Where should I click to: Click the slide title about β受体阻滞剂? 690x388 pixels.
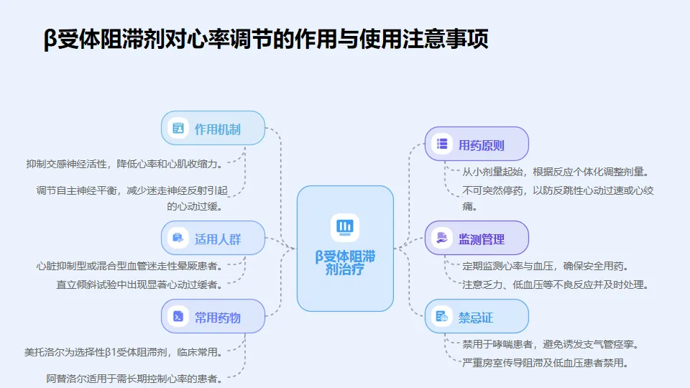266,39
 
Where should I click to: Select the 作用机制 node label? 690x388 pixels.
217,129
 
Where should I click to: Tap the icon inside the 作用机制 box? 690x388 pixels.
178,129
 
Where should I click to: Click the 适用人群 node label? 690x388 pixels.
217,239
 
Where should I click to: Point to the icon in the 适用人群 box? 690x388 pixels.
178,239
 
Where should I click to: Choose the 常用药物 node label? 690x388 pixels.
217,318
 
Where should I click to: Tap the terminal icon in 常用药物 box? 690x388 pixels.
178,317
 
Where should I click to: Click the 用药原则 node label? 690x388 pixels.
482,145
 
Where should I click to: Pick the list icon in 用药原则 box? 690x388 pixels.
442,144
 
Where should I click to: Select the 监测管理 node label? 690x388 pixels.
482,239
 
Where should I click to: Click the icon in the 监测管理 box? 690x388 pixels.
442,239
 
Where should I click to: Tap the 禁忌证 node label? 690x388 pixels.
476,318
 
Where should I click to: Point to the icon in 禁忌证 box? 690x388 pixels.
442,317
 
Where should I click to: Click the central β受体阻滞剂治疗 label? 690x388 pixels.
345,263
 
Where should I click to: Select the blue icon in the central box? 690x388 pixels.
345,227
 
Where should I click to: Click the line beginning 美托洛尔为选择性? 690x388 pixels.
122,352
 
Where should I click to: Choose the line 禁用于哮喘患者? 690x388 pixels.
551,344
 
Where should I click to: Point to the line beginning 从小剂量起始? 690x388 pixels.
556,172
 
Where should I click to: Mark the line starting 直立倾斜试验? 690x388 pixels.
139,284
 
